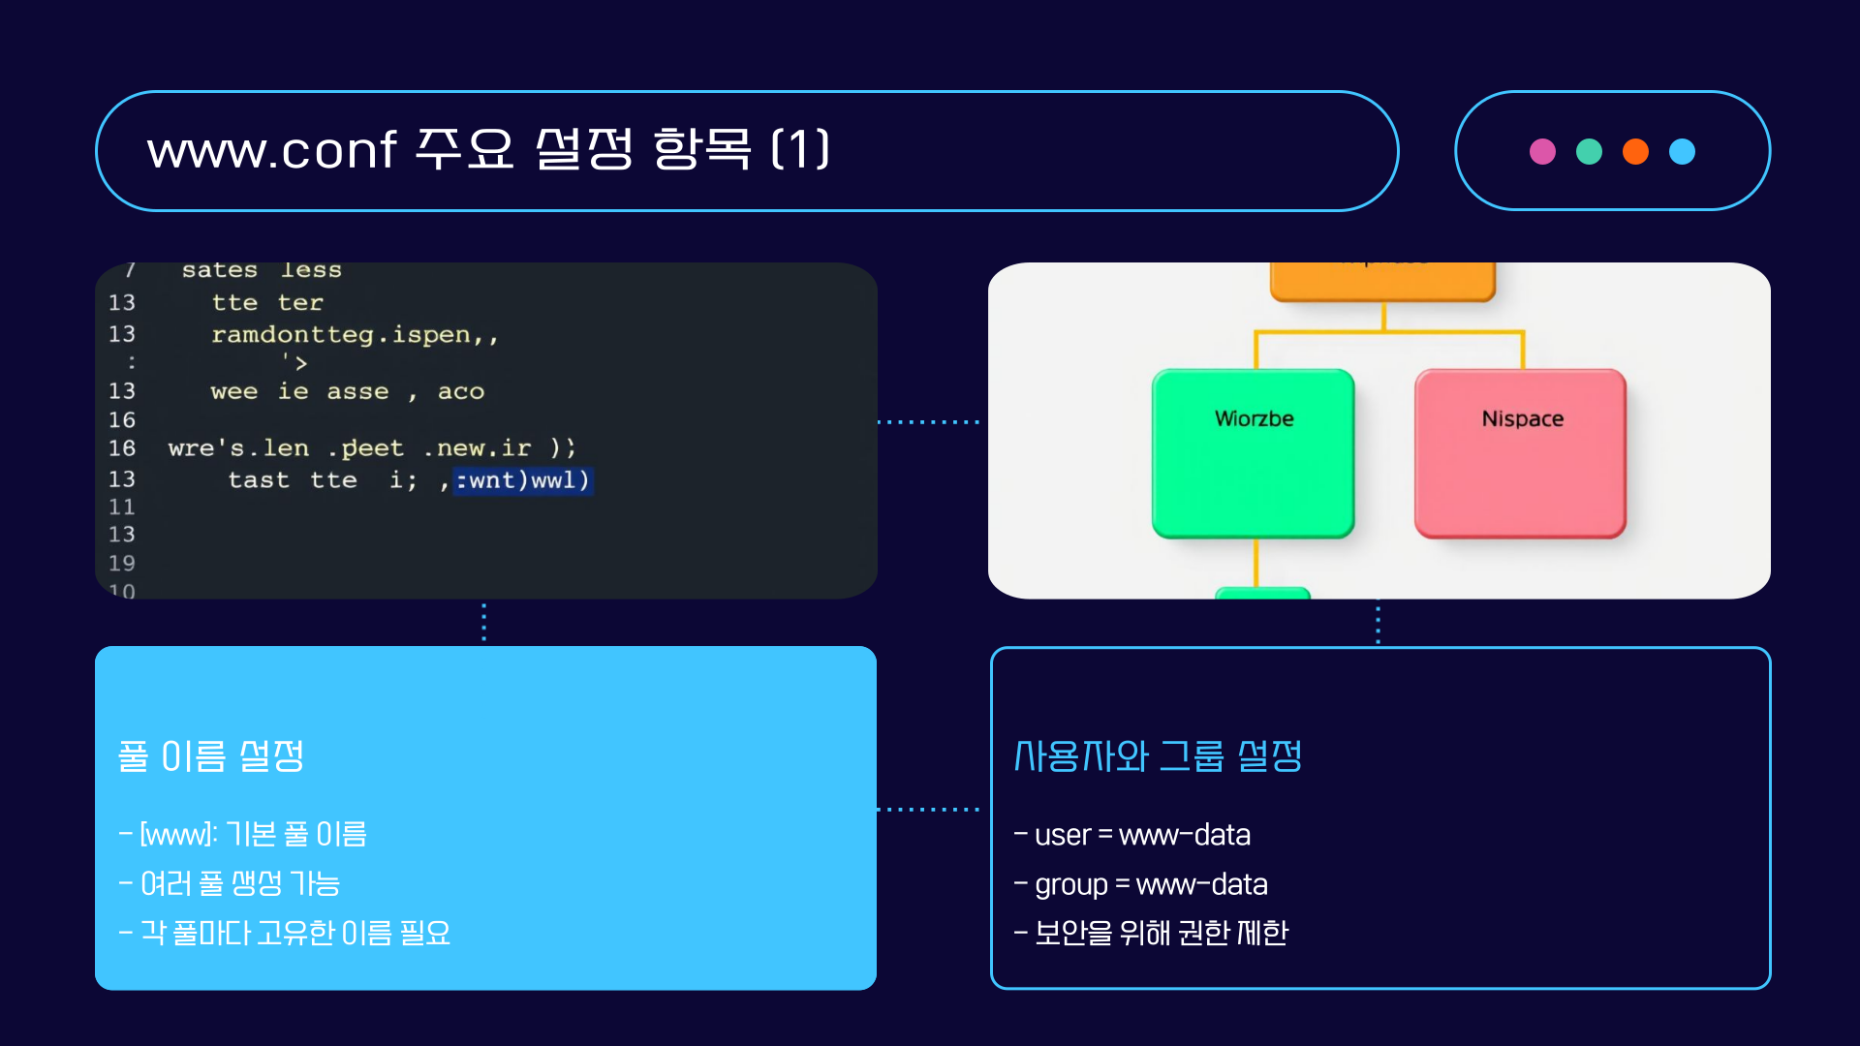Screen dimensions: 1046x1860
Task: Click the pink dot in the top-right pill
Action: [1542, 152]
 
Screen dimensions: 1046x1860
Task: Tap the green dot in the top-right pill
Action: [1589, 152]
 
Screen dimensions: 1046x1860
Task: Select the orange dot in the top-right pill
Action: [1635, 152]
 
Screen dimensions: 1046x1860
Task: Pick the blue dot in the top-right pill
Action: [1682, 152]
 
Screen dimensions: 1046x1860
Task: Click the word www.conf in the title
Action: [271, 151]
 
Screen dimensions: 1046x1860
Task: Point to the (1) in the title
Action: [800, 150]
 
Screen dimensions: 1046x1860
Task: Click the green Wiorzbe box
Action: [1254, 453]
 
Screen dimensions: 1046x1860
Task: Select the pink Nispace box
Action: [1520, 453]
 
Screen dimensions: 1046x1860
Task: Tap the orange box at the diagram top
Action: [1382, 282]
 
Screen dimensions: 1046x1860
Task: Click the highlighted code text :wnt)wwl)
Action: [523, 480]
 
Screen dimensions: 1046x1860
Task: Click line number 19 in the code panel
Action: [122, 564]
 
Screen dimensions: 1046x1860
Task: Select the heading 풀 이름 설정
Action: [211, 756]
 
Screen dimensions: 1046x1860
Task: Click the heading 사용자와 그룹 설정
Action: [1158, 756]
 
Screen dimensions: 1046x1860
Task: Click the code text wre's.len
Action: [238, 448]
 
